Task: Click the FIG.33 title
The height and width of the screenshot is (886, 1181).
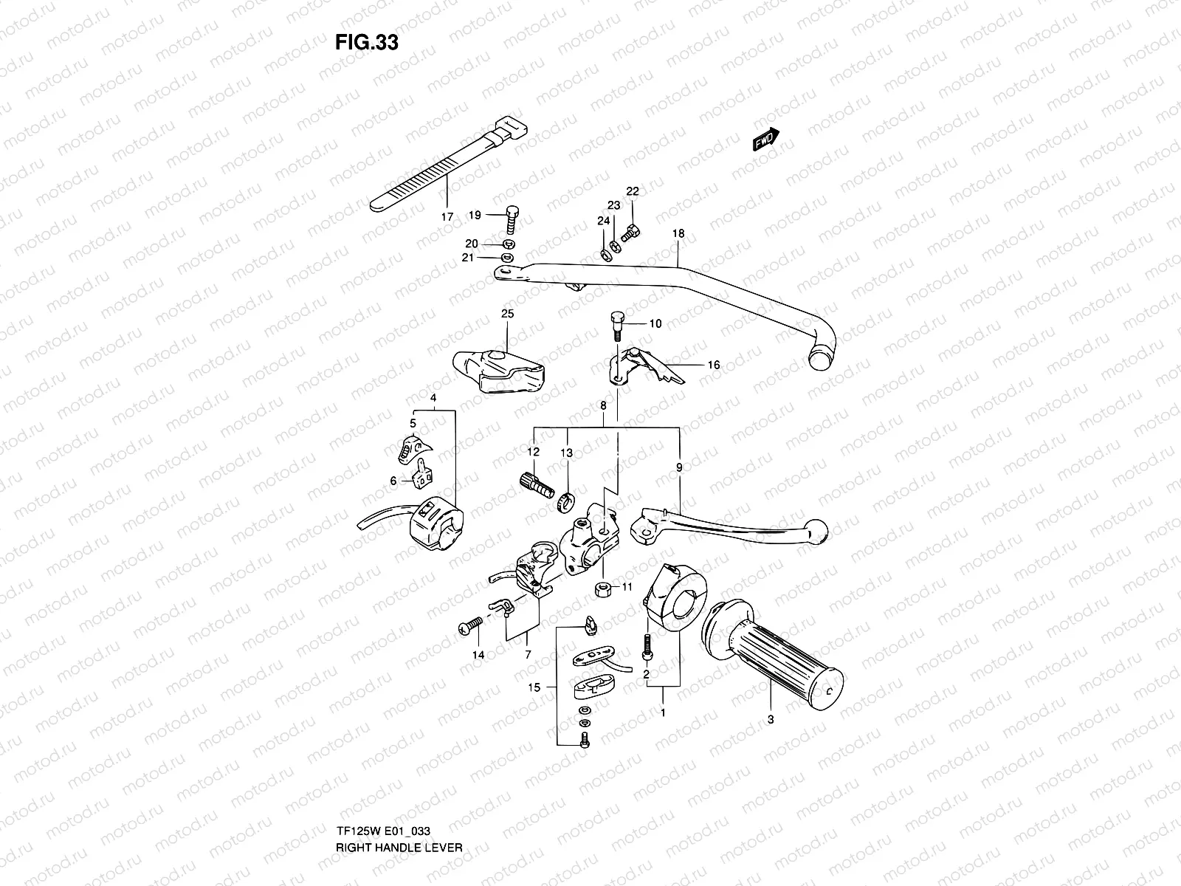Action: pos(367,43)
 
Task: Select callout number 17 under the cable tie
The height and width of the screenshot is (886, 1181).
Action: pos(447,218)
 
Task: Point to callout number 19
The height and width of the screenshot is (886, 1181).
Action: pos(475,215)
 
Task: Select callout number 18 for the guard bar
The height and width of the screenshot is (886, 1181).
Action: pos(678,233)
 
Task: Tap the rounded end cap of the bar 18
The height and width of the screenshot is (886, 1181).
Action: pos(819,360)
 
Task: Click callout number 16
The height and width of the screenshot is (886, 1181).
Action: pos(713,365)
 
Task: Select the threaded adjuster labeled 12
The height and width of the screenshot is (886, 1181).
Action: pos(537,487)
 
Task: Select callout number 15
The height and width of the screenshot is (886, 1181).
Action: pos(534,687)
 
